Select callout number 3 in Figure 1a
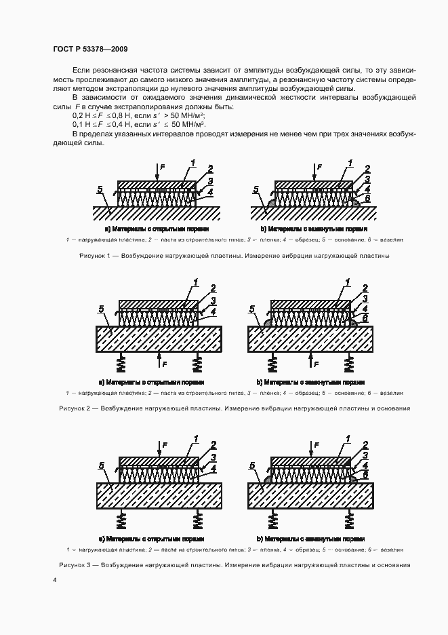211,181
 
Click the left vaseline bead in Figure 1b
270,203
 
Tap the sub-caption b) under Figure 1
264,229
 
